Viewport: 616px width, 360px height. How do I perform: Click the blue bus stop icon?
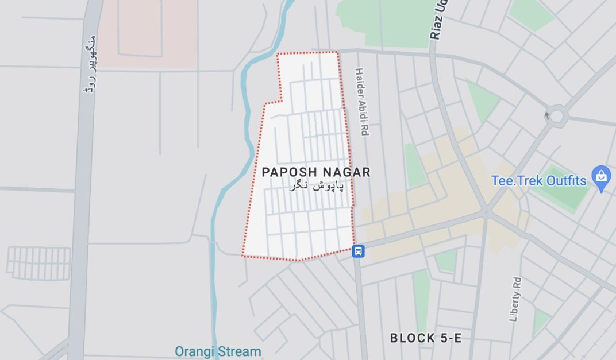(358, 251)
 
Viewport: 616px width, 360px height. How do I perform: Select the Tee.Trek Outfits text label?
(538, 181)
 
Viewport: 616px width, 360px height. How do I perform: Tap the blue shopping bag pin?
(602, 180)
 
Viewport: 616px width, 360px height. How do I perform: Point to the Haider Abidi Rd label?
(361, 102)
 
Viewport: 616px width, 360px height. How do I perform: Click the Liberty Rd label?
(515, 299)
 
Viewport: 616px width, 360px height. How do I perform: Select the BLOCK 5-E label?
(425, 338)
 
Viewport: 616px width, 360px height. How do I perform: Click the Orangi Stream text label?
(218, 351)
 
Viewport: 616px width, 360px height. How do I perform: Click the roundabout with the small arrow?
(556, 116)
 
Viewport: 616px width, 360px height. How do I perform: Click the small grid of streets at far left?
(38, 263)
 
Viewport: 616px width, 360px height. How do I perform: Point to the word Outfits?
(566, 181)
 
